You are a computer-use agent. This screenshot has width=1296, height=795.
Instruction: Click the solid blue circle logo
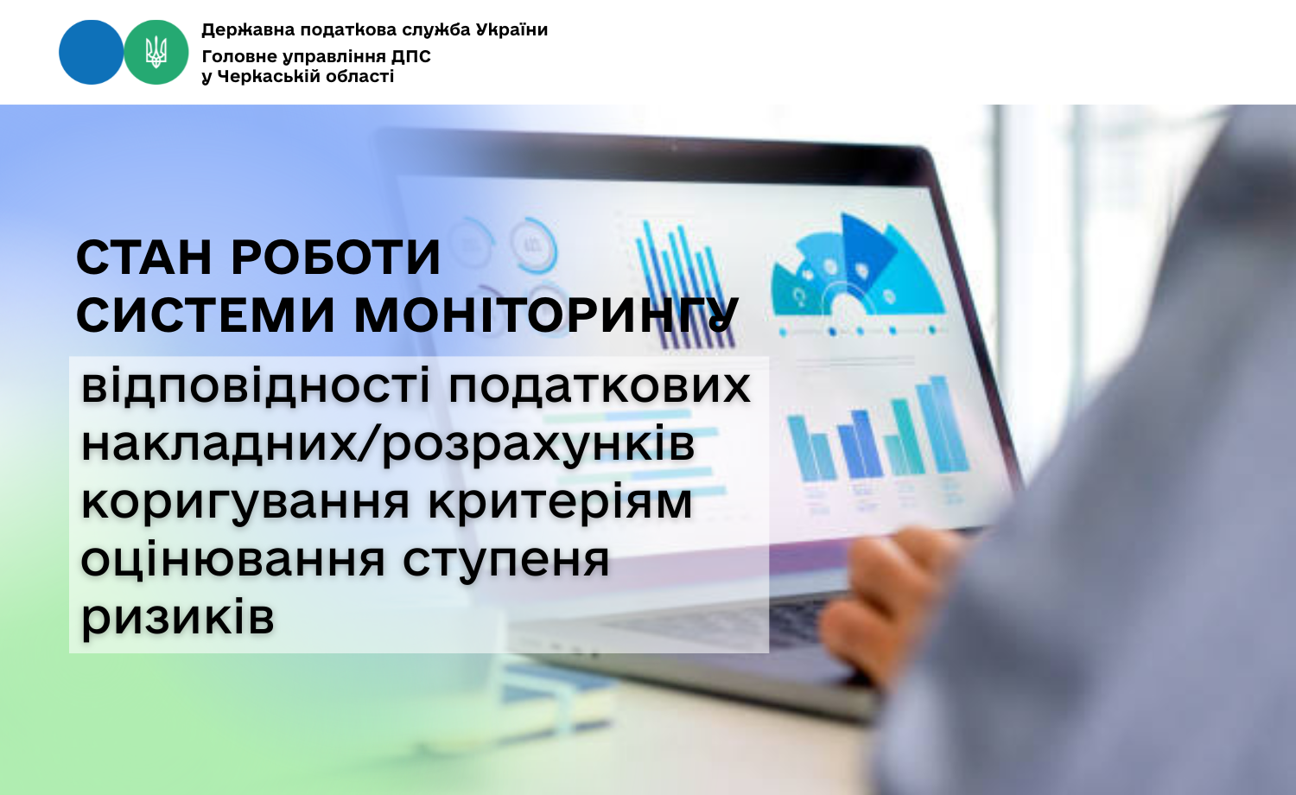pyautogui.click(x=92, y=52)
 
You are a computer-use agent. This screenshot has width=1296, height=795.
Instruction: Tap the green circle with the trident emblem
pyautogui.click(x=156, y=52)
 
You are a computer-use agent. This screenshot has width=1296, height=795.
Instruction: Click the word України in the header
pyautogui.click(x=511, y=29)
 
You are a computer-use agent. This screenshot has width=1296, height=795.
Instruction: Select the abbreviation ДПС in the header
pyautogui.click(x=412, y=57)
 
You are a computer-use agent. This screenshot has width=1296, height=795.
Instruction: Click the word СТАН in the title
pyautogui.click(x=143, y=258)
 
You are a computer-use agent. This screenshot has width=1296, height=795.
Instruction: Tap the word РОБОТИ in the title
pyautogui.click(x=336, y=258)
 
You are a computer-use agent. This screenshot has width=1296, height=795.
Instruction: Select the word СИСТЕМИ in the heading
pyautogui.click(x=206, y=316)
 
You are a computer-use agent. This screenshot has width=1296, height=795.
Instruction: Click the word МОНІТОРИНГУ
pyautogui.click(x=546, y=316)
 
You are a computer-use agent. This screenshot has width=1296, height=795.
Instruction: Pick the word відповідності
pyautogui.click(x=256, y=386)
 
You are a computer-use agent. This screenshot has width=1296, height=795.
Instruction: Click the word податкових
pyautogui.click(x=600, y=386)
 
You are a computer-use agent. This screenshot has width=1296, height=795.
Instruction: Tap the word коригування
pyautogui.click(x=245, y=502)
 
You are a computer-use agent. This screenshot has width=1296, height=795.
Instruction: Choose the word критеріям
pyautogui.click(x=560, y=502)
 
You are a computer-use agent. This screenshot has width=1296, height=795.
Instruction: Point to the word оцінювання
pyautogui.click(x=232, y=560)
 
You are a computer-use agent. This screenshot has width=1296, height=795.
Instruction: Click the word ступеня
pyautogui.click(x=506, y=560)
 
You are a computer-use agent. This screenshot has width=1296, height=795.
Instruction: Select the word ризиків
pyautogui.click(x=178, y=618)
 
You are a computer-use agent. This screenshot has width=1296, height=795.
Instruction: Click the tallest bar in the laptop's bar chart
pyautogui.click(x=942, y=424)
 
